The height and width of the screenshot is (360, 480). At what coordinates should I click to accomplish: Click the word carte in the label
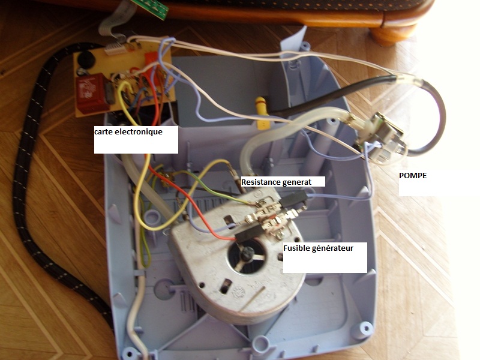104,131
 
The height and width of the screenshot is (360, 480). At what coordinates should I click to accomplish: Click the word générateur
338,248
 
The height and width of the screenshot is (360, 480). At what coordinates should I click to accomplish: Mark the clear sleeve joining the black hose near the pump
404,80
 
